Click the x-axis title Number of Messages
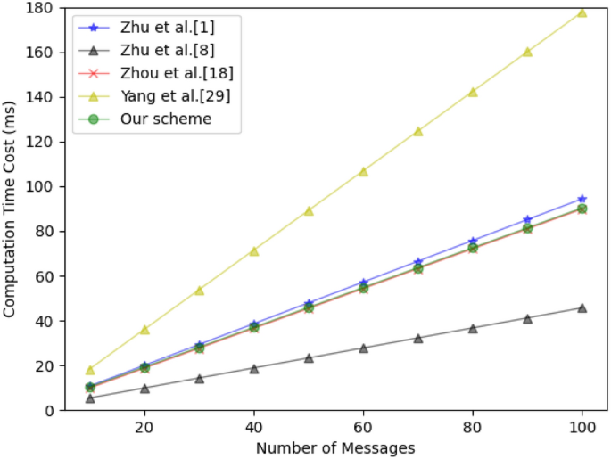335,447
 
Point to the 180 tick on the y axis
42,8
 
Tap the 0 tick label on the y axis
50,411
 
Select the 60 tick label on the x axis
363,427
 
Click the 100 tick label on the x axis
582,427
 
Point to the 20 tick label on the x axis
144,427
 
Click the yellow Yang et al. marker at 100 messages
582,12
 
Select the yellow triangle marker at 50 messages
309,211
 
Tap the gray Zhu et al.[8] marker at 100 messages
582,307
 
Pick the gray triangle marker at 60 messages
363,348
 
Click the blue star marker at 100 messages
582,199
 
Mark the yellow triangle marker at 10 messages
90,370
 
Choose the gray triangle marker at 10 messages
90,398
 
